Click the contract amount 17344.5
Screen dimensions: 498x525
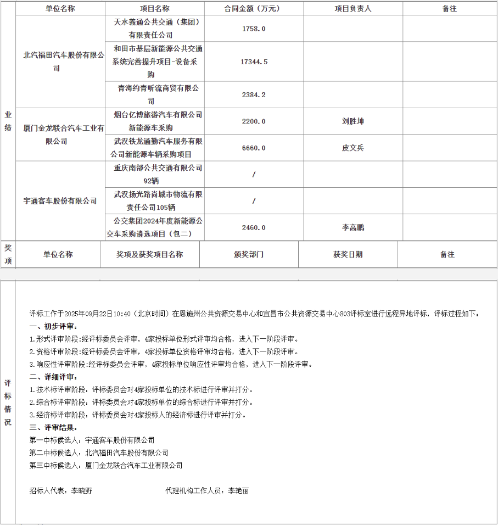(254, 62)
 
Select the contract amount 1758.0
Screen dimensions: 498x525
(254, 28)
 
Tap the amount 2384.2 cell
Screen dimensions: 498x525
(254, 94)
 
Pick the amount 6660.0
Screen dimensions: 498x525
(254, 148)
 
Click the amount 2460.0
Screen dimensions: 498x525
(254, 227)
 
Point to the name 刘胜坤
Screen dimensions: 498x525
(352, 121)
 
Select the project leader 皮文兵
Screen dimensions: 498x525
(352, 148)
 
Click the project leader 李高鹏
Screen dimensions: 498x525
(352, 227)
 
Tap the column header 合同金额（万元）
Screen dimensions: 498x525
(254, 8)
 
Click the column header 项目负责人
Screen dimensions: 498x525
(352, 8)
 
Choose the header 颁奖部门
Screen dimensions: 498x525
(249, 254)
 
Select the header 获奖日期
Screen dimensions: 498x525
(348, 254)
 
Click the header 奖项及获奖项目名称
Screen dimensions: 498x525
(149, 254)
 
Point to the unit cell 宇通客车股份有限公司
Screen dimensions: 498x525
(60, 201)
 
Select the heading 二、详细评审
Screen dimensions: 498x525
(53, 377)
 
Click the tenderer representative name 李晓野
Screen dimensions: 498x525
(81, 491)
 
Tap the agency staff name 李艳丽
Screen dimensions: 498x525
(238, 491)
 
